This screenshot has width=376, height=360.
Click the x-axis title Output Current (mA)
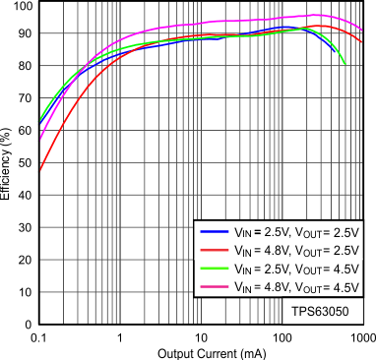pos(201,352)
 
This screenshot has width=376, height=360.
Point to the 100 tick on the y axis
pos(22,6)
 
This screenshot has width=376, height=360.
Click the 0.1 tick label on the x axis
pos(39,336)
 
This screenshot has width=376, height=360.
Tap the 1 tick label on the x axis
pos(120,336)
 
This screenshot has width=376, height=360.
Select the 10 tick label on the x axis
pos(200,336)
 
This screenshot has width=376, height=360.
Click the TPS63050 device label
pos(319,310)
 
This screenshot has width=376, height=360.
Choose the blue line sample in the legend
pos(216,233)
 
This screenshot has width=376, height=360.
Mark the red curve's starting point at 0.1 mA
pos(39,171)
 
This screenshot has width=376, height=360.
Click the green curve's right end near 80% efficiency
pos(345,66)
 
